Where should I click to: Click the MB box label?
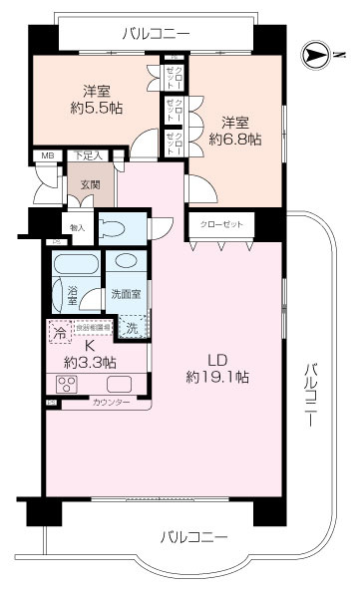(x=47, y=155)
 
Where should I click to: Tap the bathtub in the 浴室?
(x=76, y=269)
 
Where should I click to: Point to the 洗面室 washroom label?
(x=125, y=295)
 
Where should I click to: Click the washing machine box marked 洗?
(x=130, y=325)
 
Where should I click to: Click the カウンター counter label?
(x=112, y=403)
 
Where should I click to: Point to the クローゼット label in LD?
(x=220, y=223)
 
